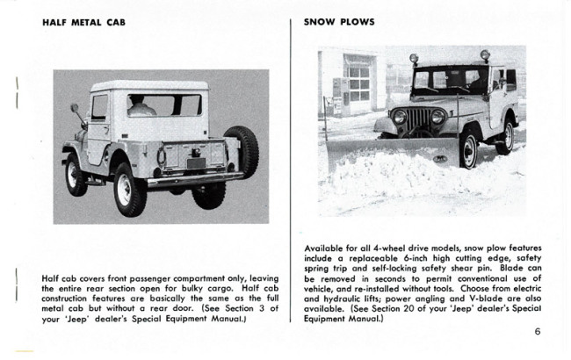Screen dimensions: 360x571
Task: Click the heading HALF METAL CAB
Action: (83, 22)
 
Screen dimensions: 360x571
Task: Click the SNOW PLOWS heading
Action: (339, 22)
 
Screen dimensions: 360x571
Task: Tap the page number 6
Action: (536, 331)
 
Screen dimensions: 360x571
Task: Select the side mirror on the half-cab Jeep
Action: (75, 111)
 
